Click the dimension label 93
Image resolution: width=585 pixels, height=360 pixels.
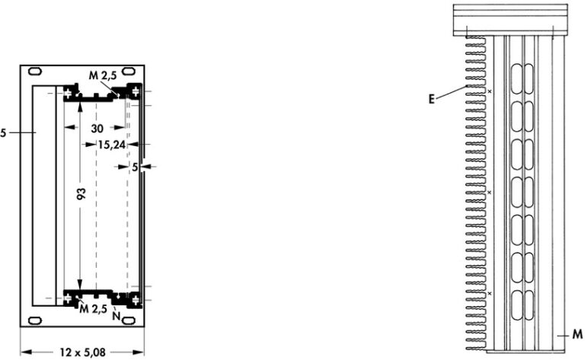tap(82, 193)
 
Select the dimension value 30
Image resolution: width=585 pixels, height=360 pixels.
tap(97, 129)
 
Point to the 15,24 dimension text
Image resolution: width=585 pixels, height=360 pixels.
tap(111, 145)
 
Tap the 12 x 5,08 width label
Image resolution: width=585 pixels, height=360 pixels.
tap(82, 352)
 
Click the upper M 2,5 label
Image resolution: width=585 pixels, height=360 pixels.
tap(103, 75)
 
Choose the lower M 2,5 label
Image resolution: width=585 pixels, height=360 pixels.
tap(93, 308)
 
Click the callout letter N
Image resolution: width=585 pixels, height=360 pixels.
tap(117, 316)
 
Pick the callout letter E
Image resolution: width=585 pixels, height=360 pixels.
tap(432, 99)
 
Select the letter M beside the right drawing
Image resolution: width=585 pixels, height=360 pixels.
tap(577, 334)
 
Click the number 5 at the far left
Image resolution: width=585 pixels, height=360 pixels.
tap(3, 132)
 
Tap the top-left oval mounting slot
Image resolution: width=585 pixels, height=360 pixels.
tap(35, 71)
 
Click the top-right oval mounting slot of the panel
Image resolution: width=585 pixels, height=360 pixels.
tap(129, 71)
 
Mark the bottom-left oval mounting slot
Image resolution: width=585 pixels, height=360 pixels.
tap(35, 320)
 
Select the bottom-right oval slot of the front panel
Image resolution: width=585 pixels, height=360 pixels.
tap(129, 320)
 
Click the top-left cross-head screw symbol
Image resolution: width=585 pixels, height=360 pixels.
tap(68, 92)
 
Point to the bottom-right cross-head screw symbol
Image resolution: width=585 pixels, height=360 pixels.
tap(135, 299)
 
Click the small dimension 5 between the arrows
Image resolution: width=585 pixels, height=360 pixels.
tap(135, 167)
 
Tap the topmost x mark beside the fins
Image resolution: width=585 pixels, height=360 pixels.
tap(491, 91)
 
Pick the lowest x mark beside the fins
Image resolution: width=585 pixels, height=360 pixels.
tap(491, 294)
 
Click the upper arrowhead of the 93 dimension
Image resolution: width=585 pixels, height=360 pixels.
tap(79, 107)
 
